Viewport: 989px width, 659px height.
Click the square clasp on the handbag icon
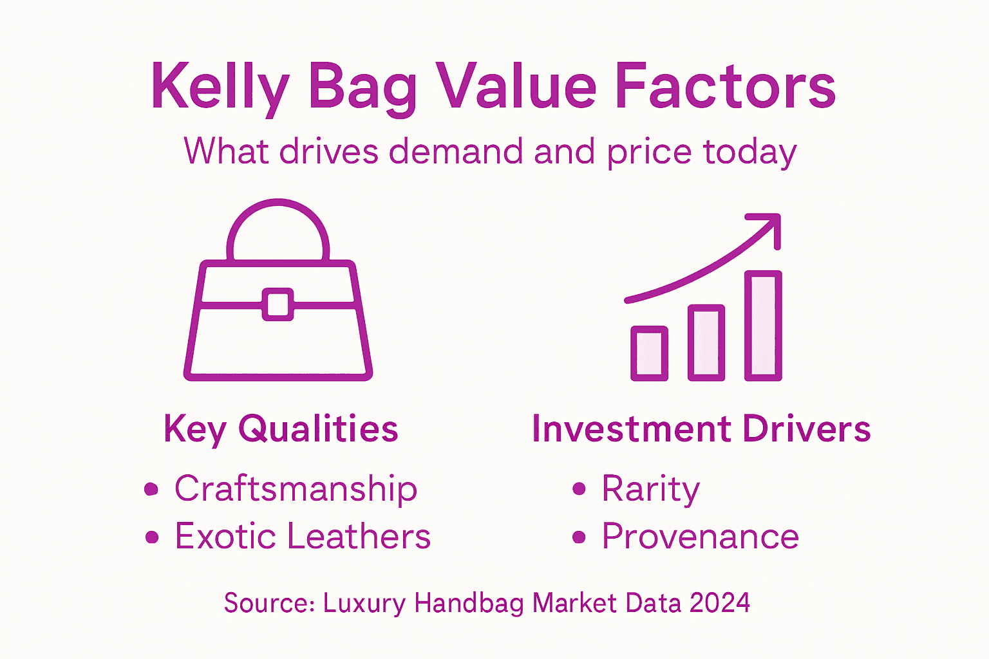[x=278, y=304]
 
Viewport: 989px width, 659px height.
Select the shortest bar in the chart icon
[x=649, y=353]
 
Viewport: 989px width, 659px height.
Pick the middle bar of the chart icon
[x=706, y=342]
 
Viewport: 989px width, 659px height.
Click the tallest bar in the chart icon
[x=764, y=326]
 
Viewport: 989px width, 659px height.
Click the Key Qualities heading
[x=281, y=429]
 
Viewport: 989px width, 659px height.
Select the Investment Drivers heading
[x=701, y=429]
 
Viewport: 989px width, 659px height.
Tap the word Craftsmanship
[x=296, y=489]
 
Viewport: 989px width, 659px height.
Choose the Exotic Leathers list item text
[x=303, y=537]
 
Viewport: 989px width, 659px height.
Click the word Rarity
[x=650, y=489]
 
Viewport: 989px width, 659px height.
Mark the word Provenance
[x=700, y=537]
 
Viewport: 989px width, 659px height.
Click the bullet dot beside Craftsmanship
[x=151, y=489]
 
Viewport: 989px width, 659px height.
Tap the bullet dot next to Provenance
[x=579, y=537]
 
